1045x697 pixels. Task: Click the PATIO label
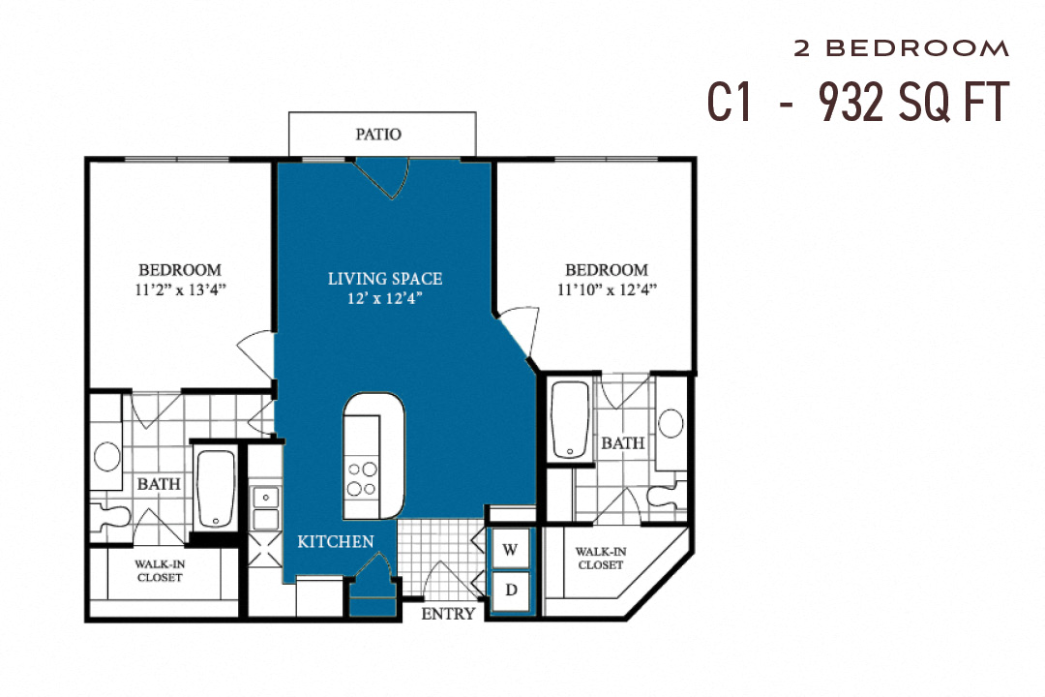377,135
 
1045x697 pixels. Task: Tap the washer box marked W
510,550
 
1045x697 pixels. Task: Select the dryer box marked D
510,590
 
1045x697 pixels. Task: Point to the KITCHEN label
335,541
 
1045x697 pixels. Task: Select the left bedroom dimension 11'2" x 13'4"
179,288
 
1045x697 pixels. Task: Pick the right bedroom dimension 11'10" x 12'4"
606,288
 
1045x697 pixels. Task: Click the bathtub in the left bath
215,488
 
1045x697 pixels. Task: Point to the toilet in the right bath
667,495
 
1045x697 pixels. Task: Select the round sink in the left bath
106,456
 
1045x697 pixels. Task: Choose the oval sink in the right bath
671,424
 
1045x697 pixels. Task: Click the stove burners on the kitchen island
363,478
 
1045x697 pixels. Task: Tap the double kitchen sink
264,507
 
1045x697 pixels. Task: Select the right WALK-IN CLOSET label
600,558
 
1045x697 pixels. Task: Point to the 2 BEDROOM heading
901,48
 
